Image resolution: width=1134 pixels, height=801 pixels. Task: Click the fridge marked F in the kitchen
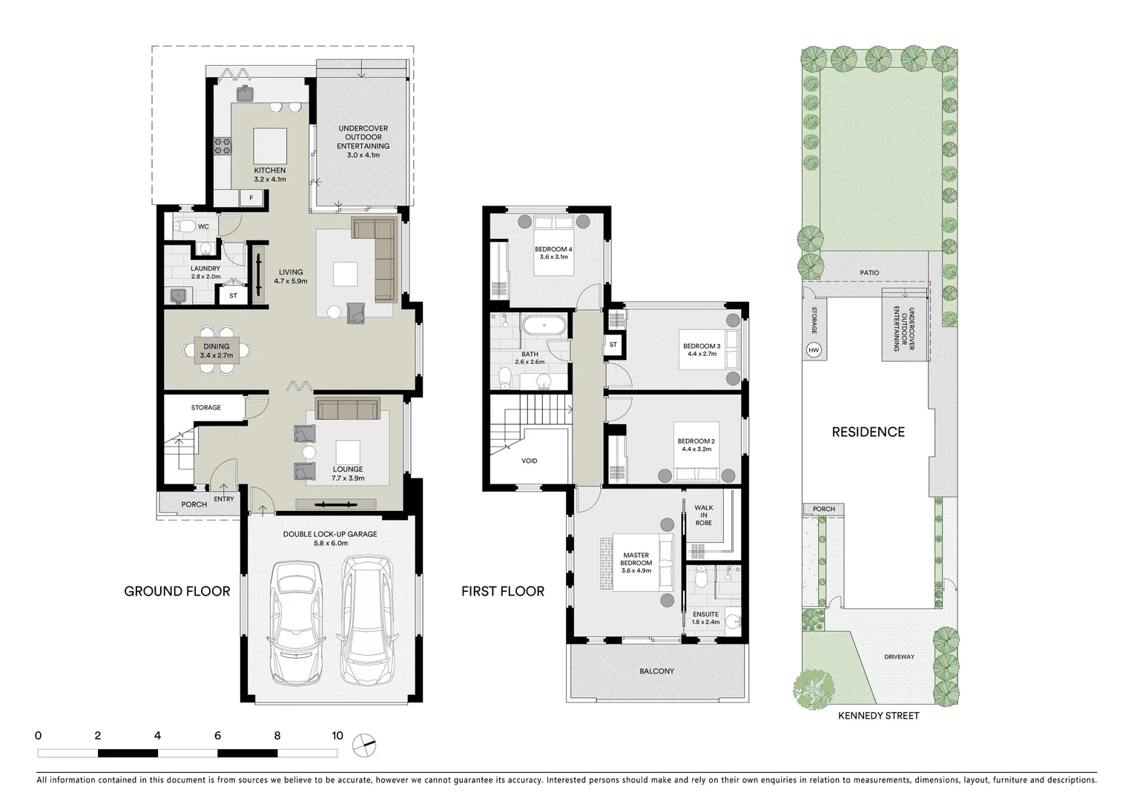[251, 198]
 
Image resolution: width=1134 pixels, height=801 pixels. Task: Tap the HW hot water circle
[814, 350]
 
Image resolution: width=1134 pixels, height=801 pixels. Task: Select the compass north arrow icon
[365, 744]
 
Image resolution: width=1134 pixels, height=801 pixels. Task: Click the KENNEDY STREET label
[878, 716]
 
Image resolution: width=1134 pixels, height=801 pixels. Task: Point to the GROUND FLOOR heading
[177, 591]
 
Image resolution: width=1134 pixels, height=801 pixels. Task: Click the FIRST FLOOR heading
[502, 591]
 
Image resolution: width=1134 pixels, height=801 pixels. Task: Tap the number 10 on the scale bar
[337, 736]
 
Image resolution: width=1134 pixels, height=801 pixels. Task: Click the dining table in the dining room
[217, 351]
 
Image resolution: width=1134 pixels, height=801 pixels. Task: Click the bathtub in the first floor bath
[544, 325]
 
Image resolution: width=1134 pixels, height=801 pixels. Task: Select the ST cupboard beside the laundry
[233, 295]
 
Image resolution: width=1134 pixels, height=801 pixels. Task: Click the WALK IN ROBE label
[703, 515]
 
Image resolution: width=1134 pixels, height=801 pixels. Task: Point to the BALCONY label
[656, 671]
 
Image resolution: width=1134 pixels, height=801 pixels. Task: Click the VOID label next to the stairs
[529, 461]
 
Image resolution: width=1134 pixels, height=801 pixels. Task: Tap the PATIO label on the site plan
[869, 273]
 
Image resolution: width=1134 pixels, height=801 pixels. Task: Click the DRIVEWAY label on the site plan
[899, 657]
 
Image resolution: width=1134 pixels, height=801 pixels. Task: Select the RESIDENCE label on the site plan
[868, 432]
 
